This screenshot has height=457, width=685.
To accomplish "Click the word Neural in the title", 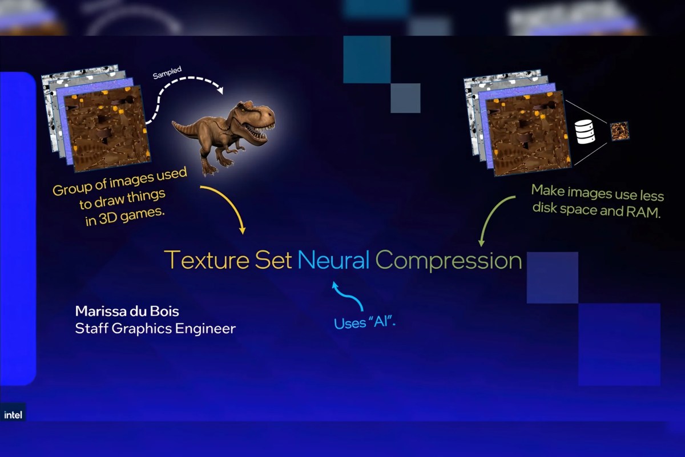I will point(333,260).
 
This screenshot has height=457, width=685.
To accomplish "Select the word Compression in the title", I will point(449,261).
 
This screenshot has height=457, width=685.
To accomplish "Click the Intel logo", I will point(13,415).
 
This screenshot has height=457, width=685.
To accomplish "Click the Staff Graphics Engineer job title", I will point(155,329).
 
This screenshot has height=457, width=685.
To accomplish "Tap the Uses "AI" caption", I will point(365,322).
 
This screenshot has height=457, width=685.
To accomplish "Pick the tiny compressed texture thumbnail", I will point(619,131).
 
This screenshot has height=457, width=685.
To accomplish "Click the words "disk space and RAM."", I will point(596,212).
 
